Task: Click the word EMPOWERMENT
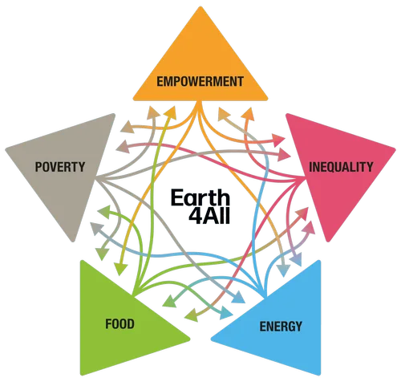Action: pyautogui.click(x=200, y=81)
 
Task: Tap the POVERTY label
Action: pyautogui.click(x=60, y=167)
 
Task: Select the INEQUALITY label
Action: pyautogui.click(x=341, y=167)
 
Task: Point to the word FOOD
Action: pyautogui.click(x=119, y=324)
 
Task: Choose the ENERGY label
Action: pyautogui.click(x=281, y=327)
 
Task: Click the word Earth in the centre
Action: pyautogui.click(x=200, y=197)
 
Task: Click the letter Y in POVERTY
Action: pyautogui.click(x=81, y=167)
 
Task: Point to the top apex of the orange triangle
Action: pyautogui.click(x=200, y=7)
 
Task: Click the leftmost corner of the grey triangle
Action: pyautogui.click(x=6, y=148)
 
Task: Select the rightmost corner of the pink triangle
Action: pyautogui.click(x=395, y=148)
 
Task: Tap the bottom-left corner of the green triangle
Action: pyautogui.click(x=82, y=374)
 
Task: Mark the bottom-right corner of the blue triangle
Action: pyautogui.click(x=319, y=374)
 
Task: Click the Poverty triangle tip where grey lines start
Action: pyautogui.click(x=96, y=177)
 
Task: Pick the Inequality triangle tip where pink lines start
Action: pyautogui.click(x=305, y=177)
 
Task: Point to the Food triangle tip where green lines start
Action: pyautogui.click(x=135, y=295)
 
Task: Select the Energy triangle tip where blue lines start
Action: pyautogui.click(x=266, y=295)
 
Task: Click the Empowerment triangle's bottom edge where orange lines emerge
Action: pyautogui.click(x=200, y=101)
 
